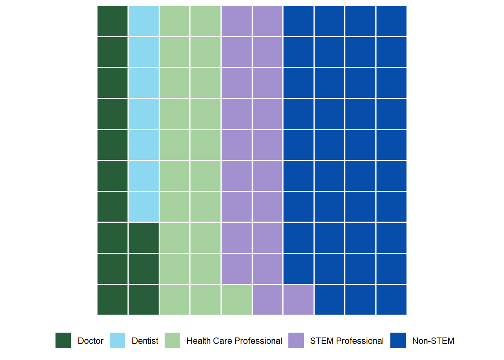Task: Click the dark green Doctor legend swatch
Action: (63, 340)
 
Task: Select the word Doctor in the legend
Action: (90, 341)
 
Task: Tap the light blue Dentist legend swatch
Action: (117, 340)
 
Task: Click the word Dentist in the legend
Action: (145, 341)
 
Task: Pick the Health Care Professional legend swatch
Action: (172, 340)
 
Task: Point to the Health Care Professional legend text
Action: (234, 341)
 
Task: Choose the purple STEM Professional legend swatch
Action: (296, 340)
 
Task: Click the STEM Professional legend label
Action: (347, 341)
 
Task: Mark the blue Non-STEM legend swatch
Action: (398, 340)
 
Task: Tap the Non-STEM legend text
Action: (433, 341)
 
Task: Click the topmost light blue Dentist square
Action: (144, 21)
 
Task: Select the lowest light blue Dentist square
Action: (144, 207)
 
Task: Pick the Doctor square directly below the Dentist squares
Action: (144, 238)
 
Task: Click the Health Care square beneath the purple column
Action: (237, 300)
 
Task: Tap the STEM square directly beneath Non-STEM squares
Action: (298, 300)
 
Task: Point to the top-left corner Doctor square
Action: (112, 21)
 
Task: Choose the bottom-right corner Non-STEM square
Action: (391, 300)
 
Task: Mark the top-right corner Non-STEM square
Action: (391, 21)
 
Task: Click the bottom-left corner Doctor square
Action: (112, 300)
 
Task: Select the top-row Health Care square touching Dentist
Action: (175, 21)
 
